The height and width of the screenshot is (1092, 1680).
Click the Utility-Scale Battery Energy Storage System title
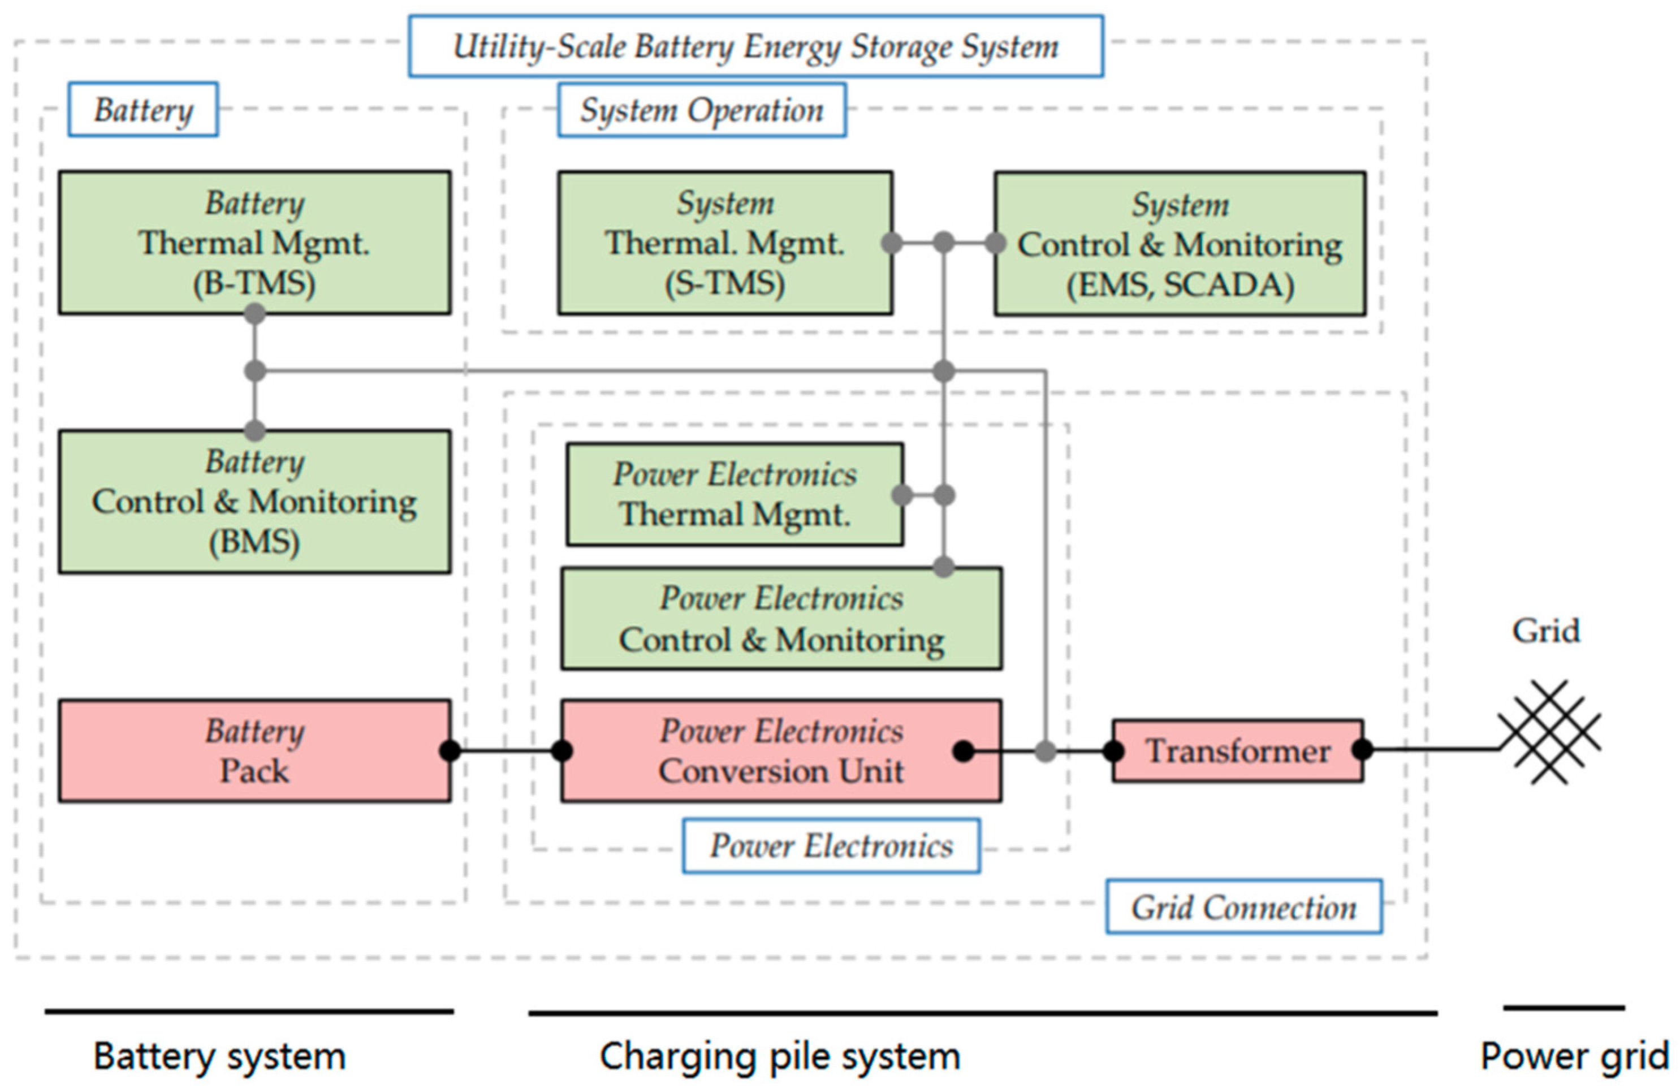click(755, 46)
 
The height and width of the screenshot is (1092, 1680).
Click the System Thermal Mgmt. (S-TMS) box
click(725, 243)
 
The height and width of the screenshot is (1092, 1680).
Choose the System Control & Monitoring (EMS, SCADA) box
click(1180, 244)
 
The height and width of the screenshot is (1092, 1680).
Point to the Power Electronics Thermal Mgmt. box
click(734, 494)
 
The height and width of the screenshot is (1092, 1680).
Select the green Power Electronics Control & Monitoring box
click(781, 618)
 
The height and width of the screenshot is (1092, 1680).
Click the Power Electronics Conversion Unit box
click(781, 750)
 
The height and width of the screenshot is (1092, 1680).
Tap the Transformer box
click(1237, 750)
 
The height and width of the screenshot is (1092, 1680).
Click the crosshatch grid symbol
click(1549, 732)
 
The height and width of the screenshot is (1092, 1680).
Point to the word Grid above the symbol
click(1545, 631)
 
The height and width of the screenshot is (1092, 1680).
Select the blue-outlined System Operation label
click(702, 110)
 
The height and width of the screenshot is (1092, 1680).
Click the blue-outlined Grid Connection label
click(1244, 907)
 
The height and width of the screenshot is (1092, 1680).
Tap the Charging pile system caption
click(780, 1057)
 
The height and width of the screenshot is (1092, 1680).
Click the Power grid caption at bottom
click(1574, 1057)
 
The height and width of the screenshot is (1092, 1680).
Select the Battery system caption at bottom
click(219, 1057)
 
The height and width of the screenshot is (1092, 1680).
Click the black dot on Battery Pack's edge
click(450, 750)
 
